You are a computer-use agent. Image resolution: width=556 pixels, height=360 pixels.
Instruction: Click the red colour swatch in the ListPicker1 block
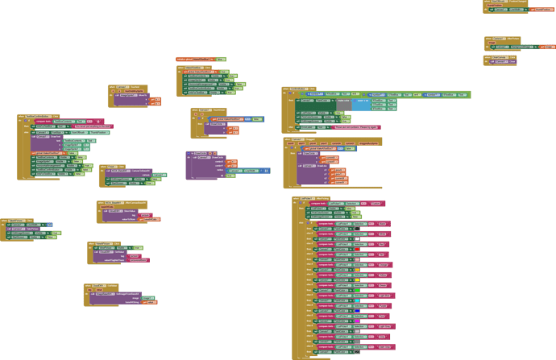[x=358, y=249]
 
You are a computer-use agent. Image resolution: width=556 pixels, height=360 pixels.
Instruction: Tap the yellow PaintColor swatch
[x=358, y=279]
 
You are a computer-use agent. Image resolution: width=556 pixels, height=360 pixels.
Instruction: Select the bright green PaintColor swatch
[x=358, y=290]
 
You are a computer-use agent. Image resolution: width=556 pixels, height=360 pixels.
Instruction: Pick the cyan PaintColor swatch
[x=358, y=300]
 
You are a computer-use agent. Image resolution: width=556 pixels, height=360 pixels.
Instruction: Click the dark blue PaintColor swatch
[x=358, y=311]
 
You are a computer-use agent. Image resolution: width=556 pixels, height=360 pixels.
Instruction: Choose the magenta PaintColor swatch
[x=358, y=321]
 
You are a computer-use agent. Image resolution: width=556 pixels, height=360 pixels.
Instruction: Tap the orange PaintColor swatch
[x=358, y=269]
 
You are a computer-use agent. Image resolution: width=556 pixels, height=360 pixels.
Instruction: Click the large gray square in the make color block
[x=344, y=105]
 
